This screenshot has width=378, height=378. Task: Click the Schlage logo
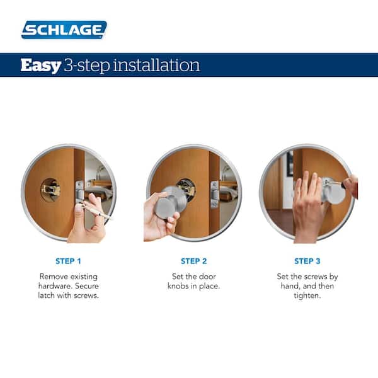[64, 30]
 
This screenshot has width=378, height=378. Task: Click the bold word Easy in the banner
[40, 66]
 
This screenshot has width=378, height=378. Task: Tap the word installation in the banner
[156, 65]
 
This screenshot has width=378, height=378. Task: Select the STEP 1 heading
[68, 261]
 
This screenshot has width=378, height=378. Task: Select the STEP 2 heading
[194, 261]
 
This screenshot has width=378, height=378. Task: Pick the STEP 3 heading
[307, 261]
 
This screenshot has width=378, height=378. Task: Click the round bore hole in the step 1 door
[50, 190]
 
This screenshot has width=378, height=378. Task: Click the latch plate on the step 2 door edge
[215, 194]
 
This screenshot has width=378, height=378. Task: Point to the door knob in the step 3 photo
[334, 190]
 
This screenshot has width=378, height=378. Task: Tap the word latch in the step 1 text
[47, 295]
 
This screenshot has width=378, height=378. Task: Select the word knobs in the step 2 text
[178, 286]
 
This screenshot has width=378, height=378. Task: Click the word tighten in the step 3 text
[307, 296]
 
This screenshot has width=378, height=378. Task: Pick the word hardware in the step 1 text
[55, 286]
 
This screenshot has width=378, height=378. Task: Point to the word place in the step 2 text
[210, 286]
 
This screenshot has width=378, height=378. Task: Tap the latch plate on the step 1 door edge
[79, 192]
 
